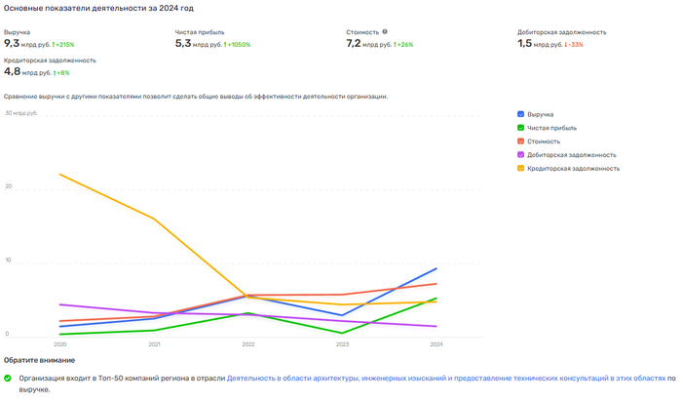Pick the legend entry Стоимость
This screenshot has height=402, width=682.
(544, 141)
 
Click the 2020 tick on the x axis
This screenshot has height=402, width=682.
(59, 344)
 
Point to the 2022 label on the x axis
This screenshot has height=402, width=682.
(247, 344)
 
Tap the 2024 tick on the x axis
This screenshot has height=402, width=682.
(436, 344)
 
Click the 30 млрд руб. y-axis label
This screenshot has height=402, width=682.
(21, 113)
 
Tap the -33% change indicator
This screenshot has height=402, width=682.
(575, 45)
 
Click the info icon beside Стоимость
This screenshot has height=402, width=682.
(385, 31)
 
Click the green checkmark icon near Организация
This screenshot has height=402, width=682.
(8, 378)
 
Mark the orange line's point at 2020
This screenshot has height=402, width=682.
(59, 175)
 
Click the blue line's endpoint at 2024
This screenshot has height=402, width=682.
(436, 268)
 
